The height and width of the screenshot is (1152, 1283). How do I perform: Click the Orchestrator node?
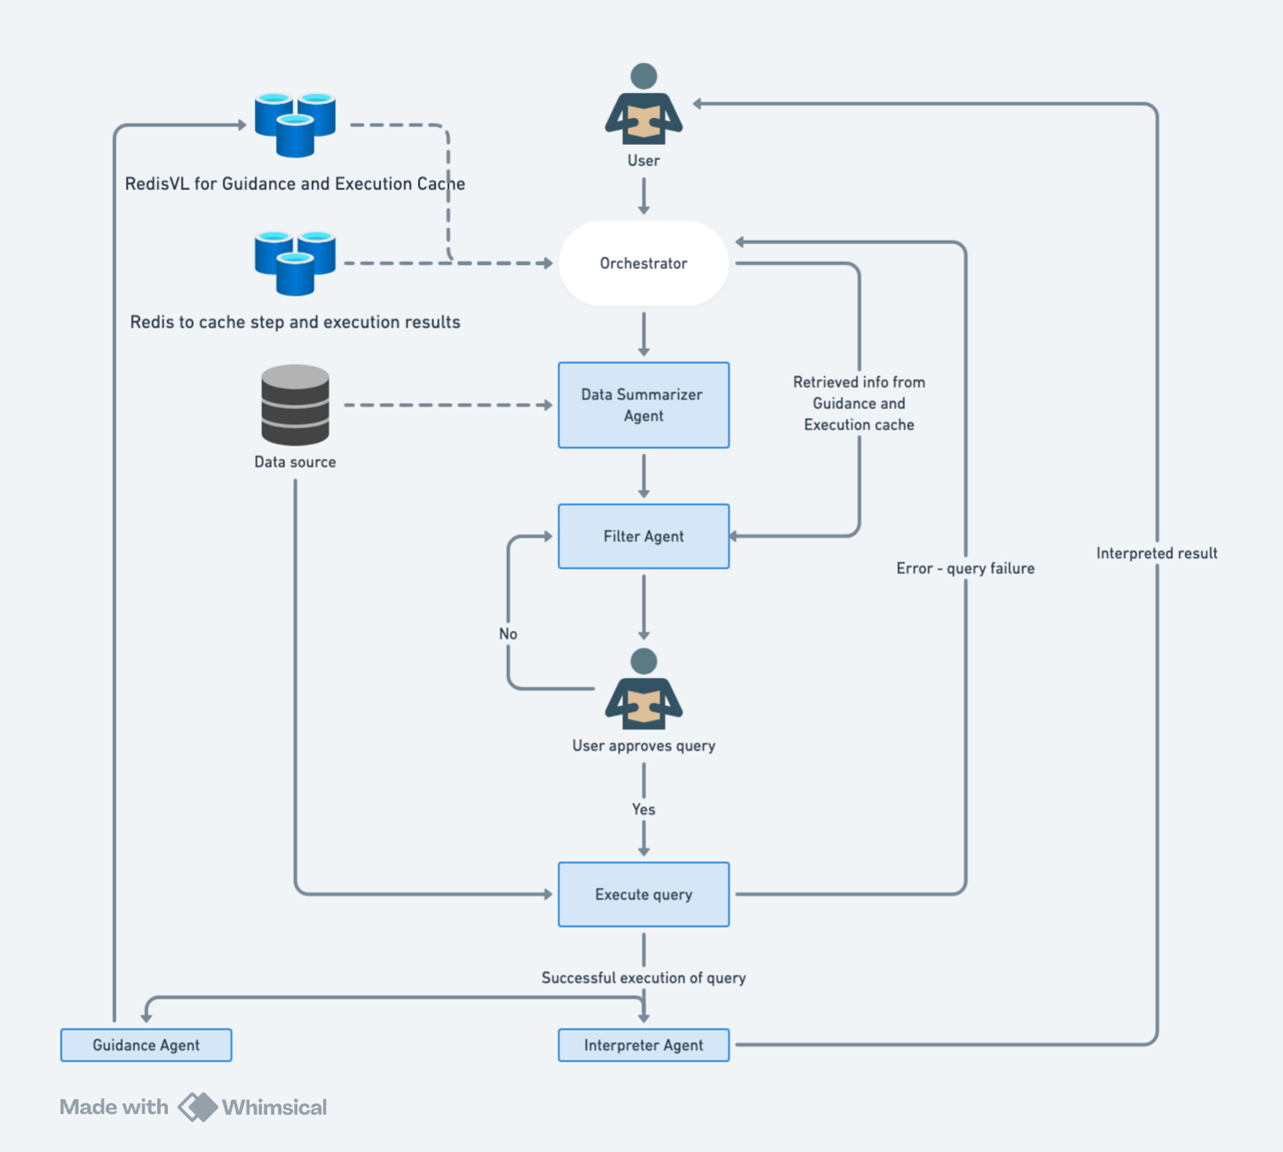tap(644, 263)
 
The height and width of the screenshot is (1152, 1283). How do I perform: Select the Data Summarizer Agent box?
tap(644, 405)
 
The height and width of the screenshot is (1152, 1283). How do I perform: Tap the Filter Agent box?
tap(644, 536)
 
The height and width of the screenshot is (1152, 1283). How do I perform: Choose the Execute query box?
tap(644, 894)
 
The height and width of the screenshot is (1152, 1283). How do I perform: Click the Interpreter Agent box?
tap(644, 1045)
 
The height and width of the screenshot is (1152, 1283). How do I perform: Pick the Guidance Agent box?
tap(146, 1045)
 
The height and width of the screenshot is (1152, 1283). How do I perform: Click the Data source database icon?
tap(295, 405)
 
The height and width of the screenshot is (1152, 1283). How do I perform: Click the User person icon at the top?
tap(644, 105)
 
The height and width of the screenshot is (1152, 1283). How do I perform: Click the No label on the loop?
tap(508, 634)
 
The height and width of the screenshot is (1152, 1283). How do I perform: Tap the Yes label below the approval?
tap(644, 809)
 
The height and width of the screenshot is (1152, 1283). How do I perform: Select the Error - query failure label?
tap(965, 568)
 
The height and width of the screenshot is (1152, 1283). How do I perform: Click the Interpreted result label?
tap(1156, 553)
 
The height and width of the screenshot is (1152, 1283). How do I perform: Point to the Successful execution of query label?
tap(644, 978)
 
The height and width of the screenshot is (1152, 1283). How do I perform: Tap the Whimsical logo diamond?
tap(197, 1107)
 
